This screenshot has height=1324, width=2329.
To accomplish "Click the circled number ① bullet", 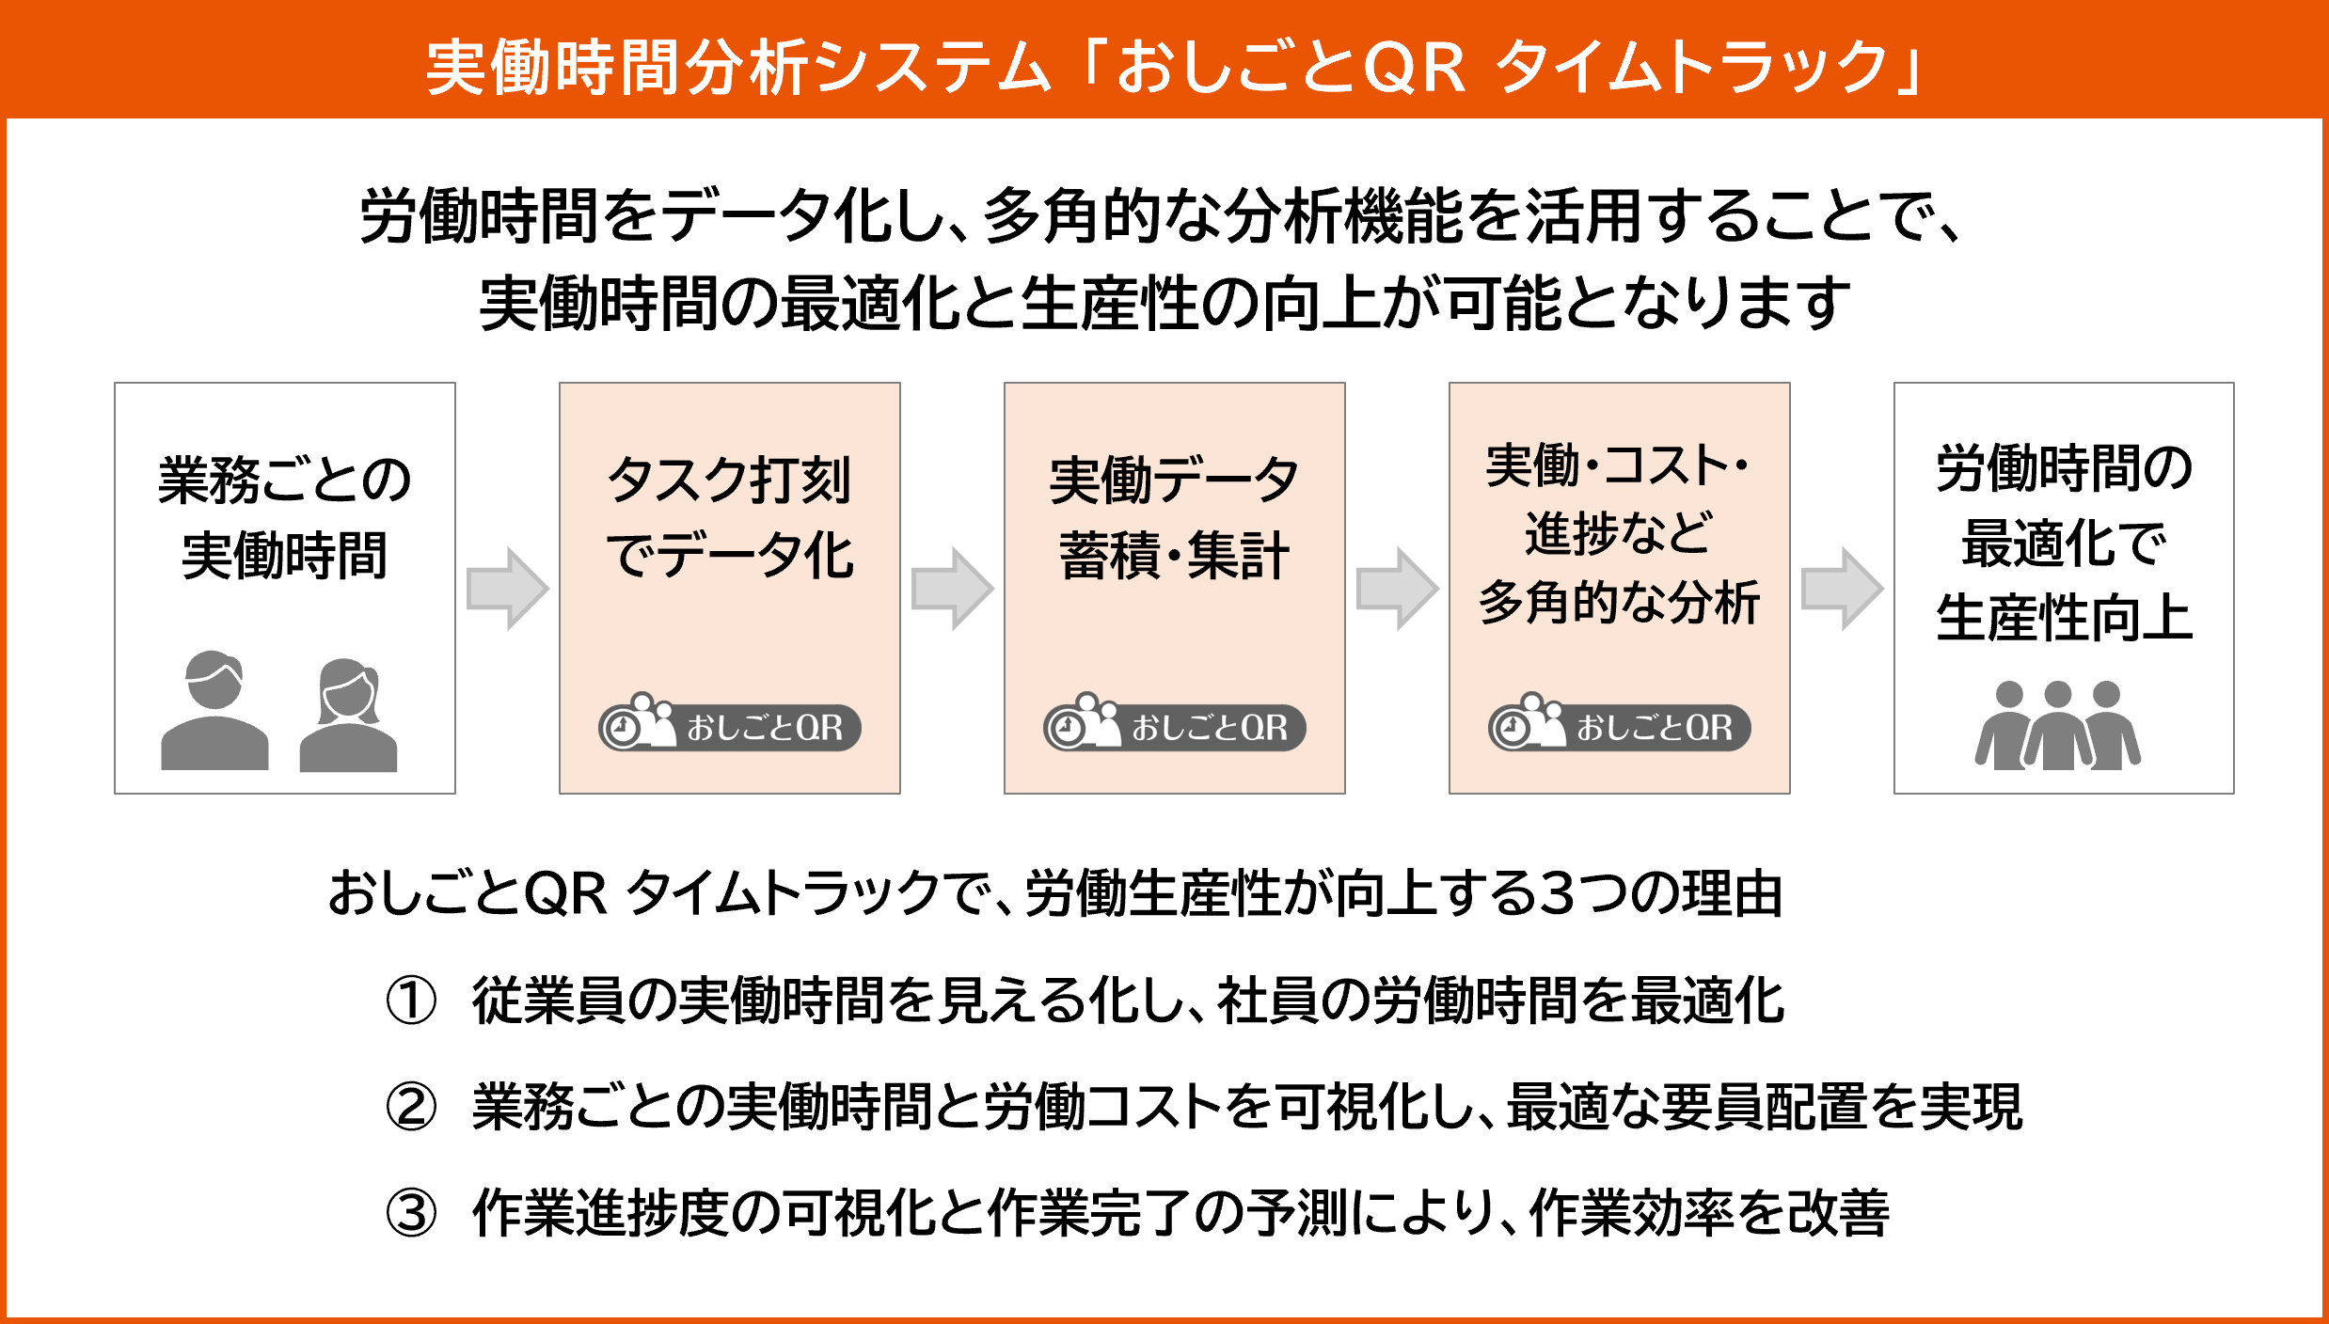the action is point(411,1001).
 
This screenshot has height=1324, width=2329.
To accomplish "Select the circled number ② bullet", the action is point(411,1107).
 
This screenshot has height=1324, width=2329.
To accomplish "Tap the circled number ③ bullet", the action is point(411,1213).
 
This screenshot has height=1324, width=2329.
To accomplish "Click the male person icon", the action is point(214,711).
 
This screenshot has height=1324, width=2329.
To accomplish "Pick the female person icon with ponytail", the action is point(348,715).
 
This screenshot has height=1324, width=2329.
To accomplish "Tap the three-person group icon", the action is point(2057,725).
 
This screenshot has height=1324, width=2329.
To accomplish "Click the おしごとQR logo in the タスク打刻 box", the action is point(730,724).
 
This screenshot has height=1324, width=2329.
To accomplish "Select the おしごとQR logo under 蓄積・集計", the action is point(1175,724).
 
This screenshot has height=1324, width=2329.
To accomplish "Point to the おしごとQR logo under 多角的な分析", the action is point(1620,724).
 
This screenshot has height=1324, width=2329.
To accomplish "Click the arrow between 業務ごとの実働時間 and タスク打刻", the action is point(508,589).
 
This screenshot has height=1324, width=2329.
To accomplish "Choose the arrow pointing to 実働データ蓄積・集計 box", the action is point(953,589).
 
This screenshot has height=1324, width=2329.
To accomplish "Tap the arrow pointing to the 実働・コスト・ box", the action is point(1398,589).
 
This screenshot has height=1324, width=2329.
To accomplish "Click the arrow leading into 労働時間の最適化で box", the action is point(1843,589).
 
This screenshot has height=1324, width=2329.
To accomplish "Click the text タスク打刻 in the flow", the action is point(730,481).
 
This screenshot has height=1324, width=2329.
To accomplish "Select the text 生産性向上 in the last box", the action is point(2065,618).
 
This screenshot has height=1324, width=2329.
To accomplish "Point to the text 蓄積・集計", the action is point(1174,556).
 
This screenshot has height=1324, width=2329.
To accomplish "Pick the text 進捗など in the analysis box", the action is point(1619,533).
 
